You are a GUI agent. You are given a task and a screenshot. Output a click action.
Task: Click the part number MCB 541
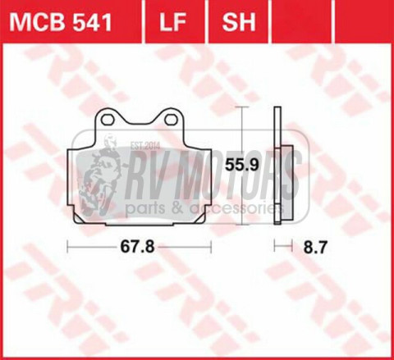pos(61,22)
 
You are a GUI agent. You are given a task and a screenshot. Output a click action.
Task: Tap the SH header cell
pos(239,22)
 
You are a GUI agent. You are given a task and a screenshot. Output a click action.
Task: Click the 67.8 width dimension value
pos(137,247)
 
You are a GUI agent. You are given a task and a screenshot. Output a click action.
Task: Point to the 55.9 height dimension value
pos(241,165)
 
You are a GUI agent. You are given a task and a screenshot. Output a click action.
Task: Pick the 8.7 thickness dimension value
pos(315,248)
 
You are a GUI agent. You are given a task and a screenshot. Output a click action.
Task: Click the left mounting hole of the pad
pos(108,120)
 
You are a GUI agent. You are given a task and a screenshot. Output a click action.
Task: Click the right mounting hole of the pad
pos(171,120)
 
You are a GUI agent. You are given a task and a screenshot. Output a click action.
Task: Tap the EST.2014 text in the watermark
pos(145,146)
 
